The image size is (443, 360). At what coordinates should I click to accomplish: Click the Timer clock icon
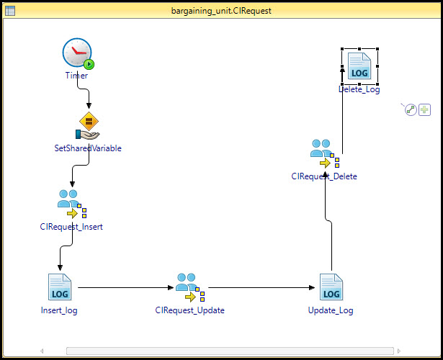point(77,53)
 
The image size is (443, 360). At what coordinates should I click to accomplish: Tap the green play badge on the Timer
point(89,64)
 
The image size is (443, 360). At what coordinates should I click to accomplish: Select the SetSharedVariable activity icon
point(88,126)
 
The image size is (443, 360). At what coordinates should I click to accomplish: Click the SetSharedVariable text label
point(88,148)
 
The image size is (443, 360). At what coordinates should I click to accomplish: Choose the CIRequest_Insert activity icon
point(72,204)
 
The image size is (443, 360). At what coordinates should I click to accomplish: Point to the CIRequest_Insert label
point(71,227)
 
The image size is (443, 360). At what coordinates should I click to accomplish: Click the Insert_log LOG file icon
point(60,287)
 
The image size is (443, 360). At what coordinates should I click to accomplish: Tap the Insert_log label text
point(59,310)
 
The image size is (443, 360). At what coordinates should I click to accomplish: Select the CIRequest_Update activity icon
point(190,287)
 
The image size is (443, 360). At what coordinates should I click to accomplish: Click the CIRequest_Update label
point(190,310)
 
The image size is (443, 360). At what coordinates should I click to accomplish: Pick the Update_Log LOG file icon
point(331,287)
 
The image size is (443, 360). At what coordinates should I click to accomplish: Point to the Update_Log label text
point(331,310)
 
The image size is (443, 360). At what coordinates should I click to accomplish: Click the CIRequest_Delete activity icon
point(325,153)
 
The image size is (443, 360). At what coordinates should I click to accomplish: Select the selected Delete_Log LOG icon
point(359,66)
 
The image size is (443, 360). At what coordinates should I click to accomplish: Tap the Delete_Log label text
point(359,89)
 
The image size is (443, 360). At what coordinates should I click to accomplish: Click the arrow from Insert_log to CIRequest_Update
point(126,288)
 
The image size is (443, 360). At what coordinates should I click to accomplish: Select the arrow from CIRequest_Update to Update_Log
point(261,288)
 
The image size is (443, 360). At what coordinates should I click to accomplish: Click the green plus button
point(424,109)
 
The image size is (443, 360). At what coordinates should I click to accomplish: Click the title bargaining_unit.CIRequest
point(221,11)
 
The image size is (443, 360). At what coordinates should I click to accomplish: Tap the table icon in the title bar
point(10,11)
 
